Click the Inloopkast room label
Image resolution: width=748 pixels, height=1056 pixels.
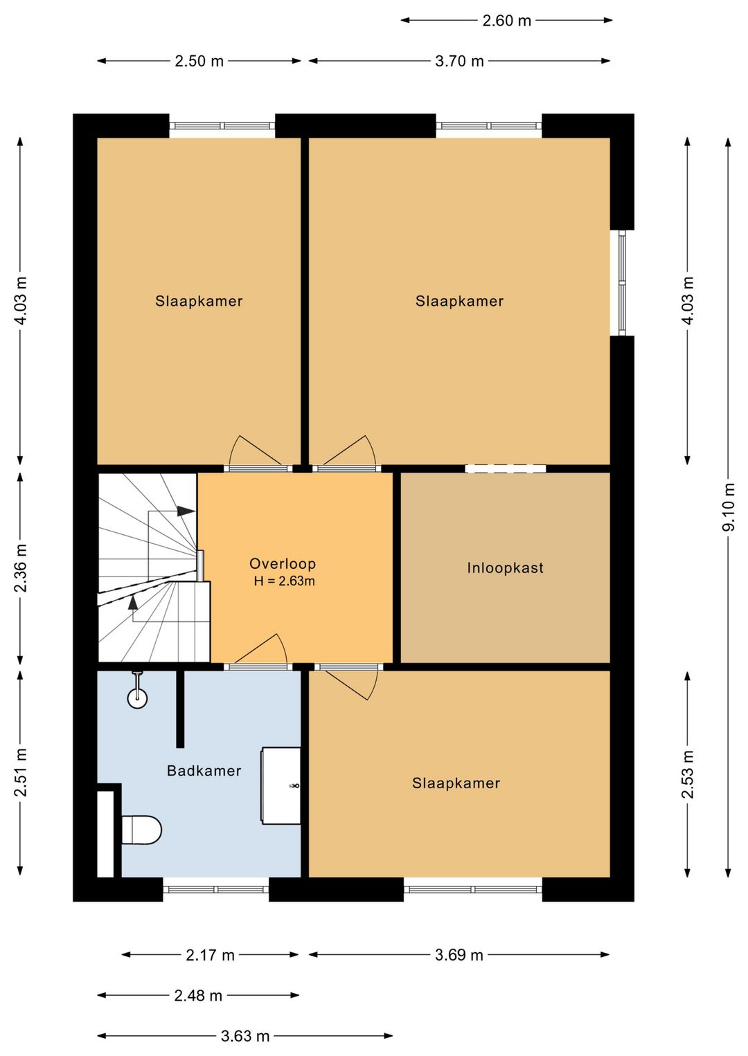click(x=505, y=567)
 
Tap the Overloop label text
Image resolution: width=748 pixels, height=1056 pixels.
click(x=283, y=563)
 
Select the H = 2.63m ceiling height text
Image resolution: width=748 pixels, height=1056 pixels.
click(x=284, y=581)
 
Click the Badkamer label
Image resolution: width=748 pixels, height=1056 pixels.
click(x=204, y=771)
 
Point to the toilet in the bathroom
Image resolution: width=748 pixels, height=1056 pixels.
click(x=141, y=830)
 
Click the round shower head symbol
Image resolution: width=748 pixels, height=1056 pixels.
click(x=137, y=698)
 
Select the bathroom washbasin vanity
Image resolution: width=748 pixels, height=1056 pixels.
click(x=281, y=785)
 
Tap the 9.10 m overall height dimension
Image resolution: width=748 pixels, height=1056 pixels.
click(x=729, y=507)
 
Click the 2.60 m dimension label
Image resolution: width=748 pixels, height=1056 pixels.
click(x=506, y=21)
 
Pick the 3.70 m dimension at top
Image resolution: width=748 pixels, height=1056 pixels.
click(x=459, y=62)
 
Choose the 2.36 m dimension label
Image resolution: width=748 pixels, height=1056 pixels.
click(x=20, y=567)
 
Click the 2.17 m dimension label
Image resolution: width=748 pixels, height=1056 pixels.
click(x=210, y=955)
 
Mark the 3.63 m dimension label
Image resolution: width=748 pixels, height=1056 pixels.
click(x=245, y=1036)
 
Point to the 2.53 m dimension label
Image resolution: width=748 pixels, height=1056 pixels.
click(x=688, y=774)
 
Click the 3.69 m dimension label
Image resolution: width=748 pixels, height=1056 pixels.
click(x=458, y=955)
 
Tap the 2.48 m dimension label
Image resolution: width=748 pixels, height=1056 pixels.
click(x=198, y=996)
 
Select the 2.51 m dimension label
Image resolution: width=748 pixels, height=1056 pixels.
click(x=20, y=772)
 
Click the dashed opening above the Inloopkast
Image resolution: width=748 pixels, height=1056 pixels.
click(x=506, y=468)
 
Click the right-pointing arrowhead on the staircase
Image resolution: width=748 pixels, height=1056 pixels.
click(x=186, y=511)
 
